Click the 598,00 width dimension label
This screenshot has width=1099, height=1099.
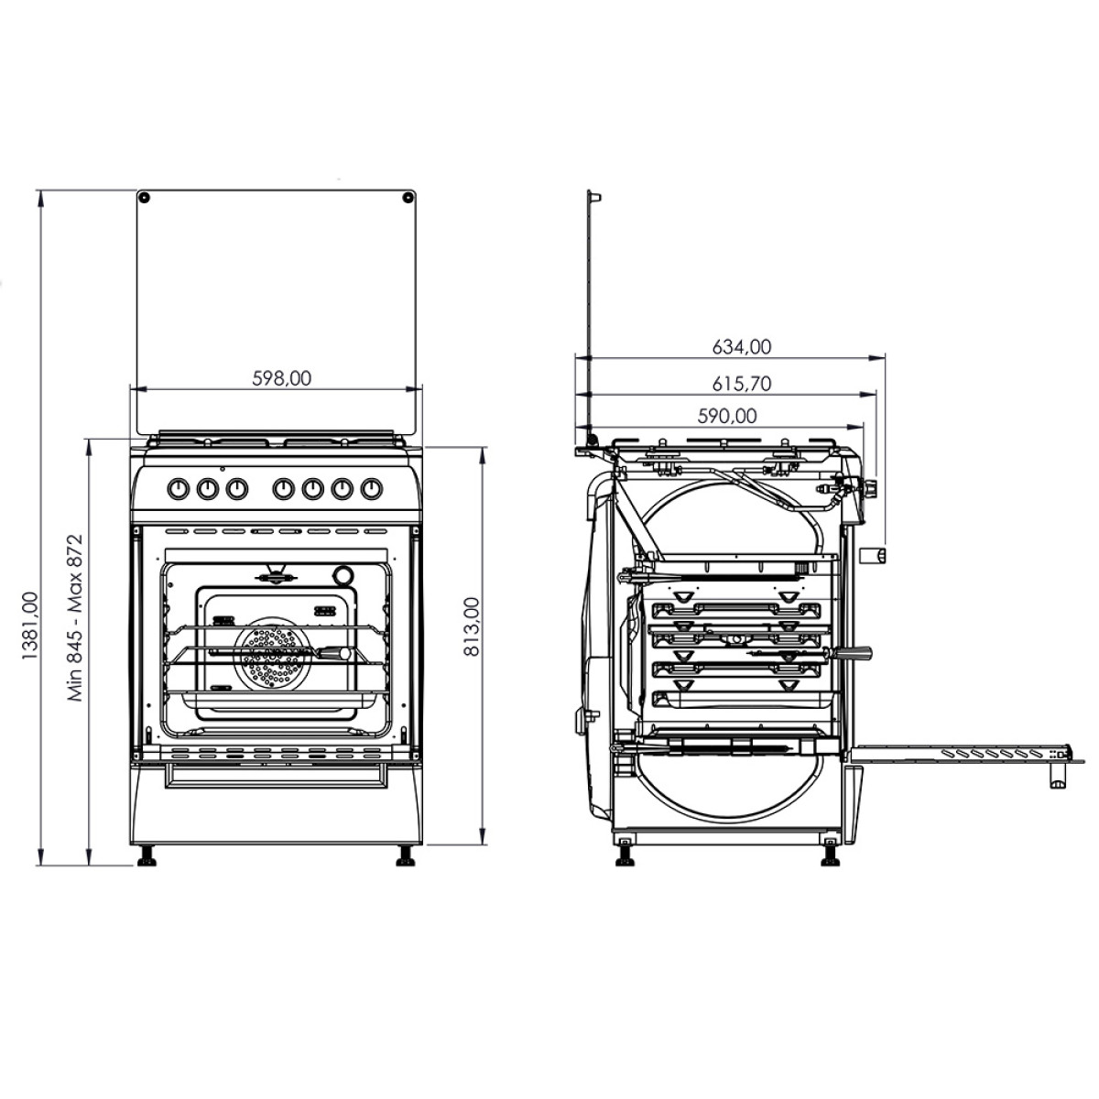(282, 378)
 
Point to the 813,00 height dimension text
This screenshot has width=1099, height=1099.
(471, 626)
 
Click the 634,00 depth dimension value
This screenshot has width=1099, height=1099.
(742, 347)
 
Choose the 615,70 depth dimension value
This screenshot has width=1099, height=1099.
(742, 384)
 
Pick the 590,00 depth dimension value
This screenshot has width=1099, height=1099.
(727, 417)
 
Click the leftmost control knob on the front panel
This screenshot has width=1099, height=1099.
(179, 488)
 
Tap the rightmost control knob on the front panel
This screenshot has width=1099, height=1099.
(371, 488)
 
